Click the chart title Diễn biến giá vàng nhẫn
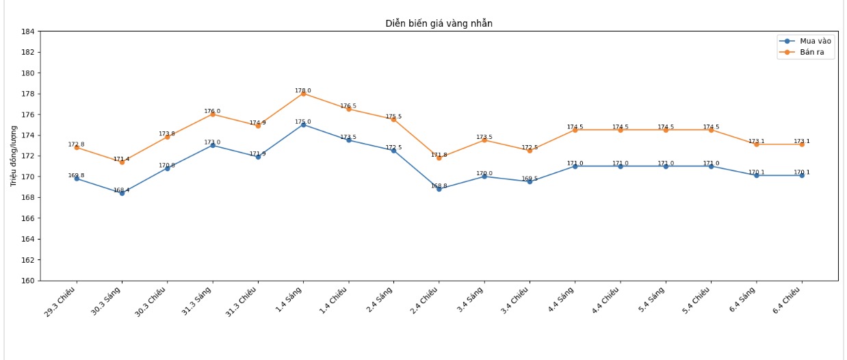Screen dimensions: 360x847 point(439,23)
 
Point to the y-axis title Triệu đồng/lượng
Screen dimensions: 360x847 point(14,156)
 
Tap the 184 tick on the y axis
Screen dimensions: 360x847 point(28,31)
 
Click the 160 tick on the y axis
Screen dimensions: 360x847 point(28,281)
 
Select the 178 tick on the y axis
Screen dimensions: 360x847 point(28,94)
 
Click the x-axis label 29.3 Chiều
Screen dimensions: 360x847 point(60,302)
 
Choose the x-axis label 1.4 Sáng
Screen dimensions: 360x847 point(289,300)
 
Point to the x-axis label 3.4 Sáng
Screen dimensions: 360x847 point(471,300)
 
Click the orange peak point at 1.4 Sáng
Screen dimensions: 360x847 point(303,94)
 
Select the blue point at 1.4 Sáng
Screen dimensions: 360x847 point(303,125)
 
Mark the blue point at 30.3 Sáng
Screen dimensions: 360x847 point(122,193)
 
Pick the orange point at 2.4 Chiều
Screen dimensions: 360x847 point(439,158)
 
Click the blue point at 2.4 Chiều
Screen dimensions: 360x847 point(439,189)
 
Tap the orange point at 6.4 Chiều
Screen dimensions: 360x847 point(802,144)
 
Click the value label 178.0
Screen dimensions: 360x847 point(303,90)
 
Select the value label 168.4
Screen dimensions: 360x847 point(122,190)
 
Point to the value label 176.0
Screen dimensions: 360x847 point(212,111)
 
